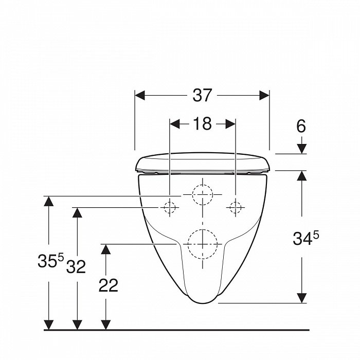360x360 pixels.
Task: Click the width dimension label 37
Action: point(202,95)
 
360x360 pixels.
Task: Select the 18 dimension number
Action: point(202,123)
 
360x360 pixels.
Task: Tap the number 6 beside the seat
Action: point(301,126)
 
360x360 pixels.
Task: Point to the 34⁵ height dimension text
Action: point(305,238)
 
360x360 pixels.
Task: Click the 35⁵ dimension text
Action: point(50,260)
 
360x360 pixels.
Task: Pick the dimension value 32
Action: point(76,266)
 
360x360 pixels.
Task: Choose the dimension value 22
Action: point(109,285)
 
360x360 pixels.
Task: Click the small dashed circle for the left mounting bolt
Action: point(169,207)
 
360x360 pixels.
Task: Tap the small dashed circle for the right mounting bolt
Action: point(236,207)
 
